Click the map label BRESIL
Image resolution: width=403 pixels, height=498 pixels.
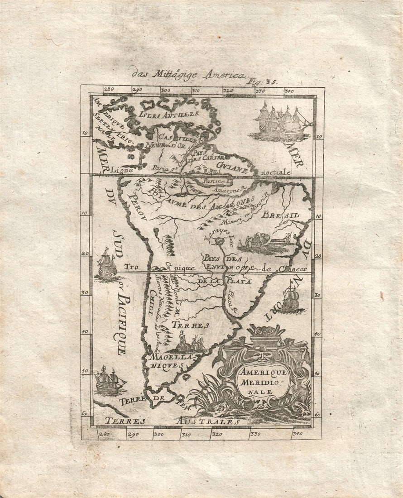click(280, 215)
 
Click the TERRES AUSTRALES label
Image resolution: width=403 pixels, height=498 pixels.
click(172, 421)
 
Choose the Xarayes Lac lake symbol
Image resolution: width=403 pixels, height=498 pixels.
click(220, 242)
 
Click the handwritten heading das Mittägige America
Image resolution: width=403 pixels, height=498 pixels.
click(188, 74)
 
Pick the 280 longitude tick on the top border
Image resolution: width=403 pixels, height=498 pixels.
click(109, 90)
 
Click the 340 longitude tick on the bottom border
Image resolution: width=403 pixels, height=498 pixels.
click(297, 434)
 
